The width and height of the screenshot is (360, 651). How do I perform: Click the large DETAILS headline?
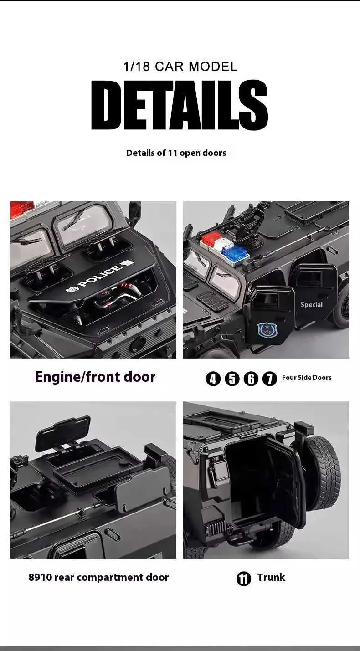[x=180, y=105]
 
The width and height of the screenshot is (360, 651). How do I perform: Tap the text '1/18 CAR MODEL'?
[x=180, y=66]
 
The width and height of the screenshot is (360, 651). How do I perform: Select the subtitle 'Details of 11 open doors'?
[x=176, y=153]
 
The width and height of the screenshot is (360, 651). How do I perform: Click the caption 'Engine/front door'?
[x=95, y=377]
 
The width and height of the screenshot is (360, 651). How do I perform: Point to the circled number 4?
[x=213, y=379]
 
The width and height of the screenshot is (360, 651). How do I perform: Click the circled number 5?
[x=232, y=379]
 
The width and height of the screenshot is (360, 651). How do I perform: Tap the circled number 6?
[x=251, y=379]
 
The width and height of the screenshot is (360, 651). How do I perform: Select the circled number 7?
[x=270, y=379]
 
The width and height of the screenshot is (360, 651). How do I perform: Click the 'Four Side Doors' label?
[x=307, y=378]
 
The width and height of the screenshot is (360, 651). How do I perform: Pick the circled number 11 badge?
[x=244, y=579]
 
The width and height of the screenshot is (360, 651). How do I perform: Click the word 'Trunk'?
[x=271, y=577]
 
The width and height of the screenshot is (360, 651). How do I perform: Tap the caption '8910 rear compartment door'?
[x=98, y=578]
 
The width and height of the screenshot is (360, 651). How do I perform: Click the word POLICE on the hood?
[x=99, y=276]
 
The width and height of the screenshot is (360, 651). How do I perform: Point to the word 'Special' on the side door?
[x=311, y=305]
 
